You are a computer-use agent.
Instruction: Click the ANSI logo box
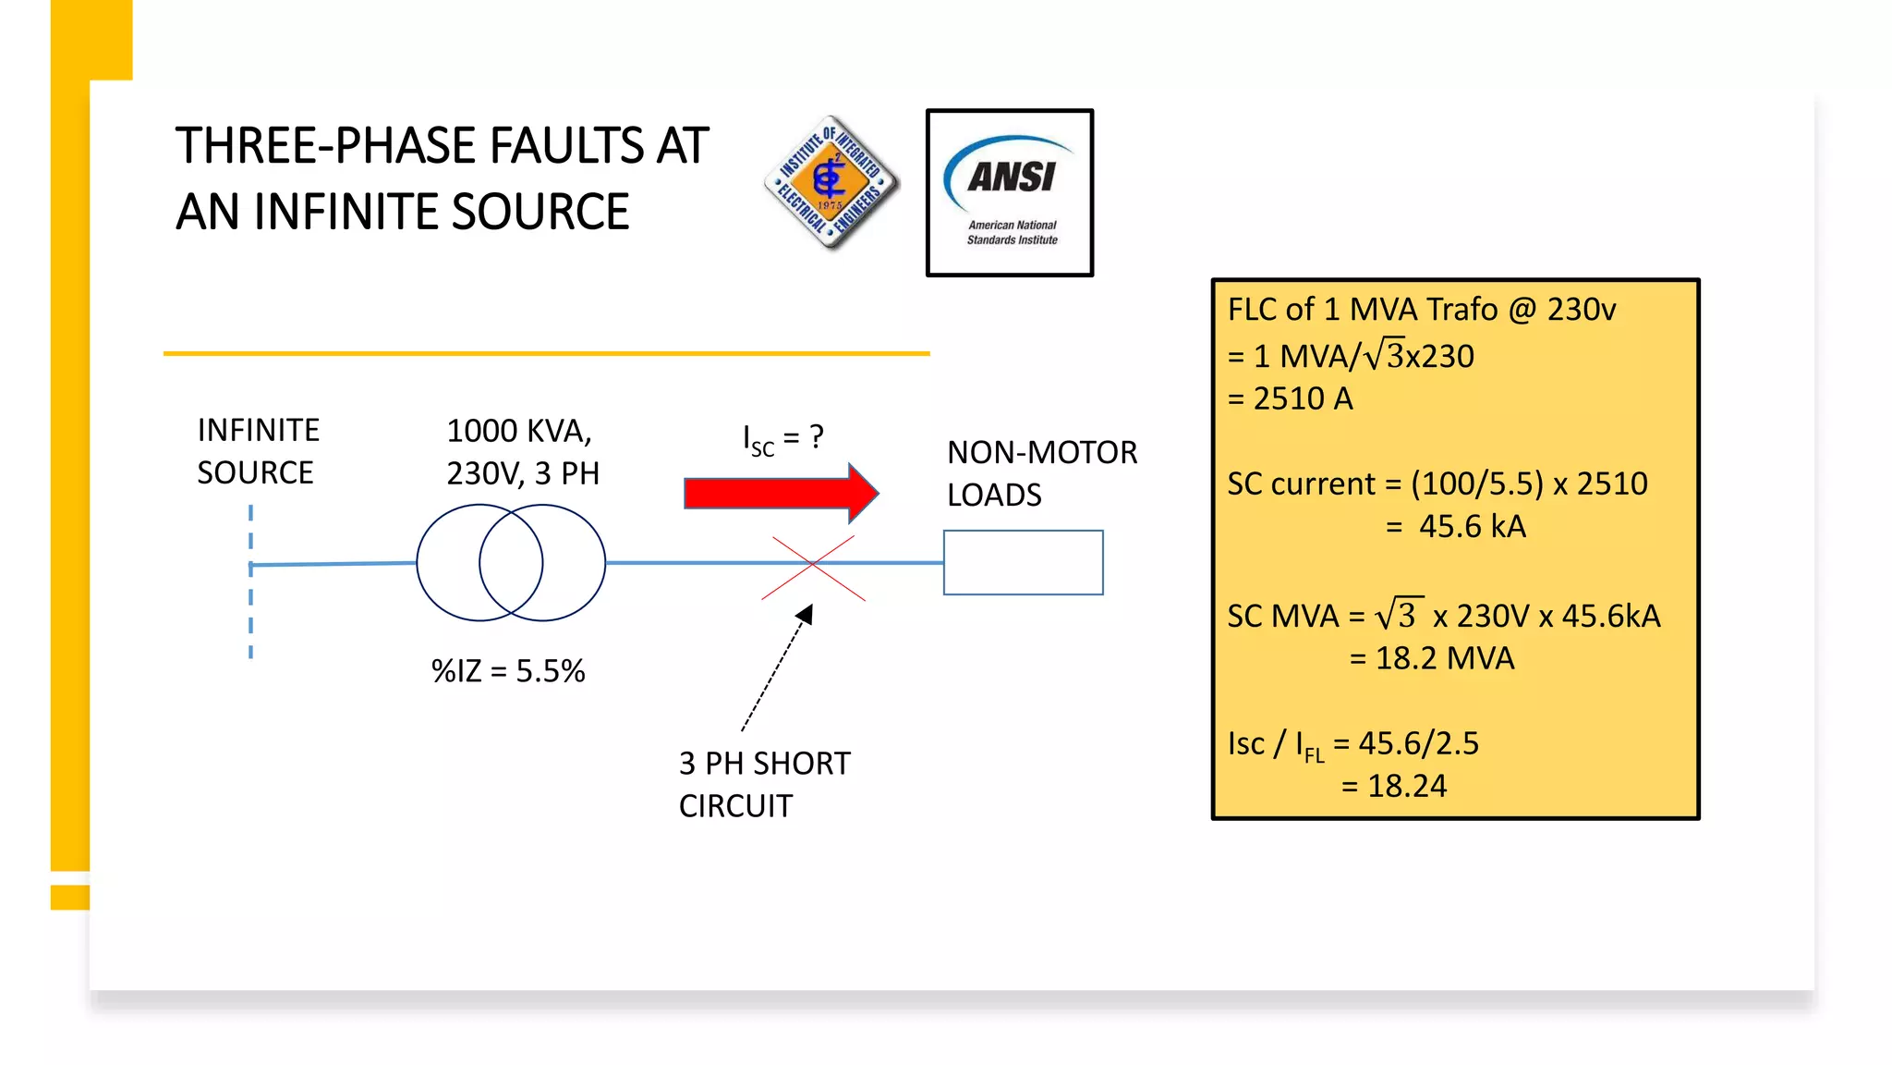point(1009,192)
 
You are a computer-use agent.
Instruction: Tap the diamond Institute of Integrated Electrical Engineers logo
point(831,183)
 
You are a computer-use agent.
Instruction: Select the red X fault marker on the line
point(813,567)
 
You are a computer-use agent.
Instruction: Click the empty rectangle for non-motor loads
point(1023,562)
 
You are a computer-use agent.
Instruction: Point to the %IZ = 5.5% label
point(508,671)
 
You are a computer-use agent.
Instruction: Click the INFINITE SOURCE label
point(258,451)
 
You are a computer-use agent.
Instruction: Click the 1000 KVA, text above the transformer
point(519,431)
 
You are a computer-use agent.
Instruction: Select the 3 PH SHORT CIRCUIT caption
point(764,784)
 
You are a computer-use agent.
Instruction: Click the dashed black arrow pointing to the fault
point(776,669)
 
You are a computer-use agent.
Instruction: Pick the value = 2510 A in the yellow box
point(1290,398)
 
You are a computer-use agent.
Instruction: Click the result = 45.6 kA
point(1456,527)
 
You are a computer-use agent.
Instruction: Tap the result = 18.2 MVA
point(1432,658)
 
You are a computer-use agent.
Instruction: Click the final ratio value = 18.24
point(1394,786)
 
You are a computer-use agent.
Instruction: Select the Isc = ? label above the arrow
point(782,438)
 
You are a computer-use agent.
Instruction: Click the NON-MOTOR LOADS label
point(1041,473)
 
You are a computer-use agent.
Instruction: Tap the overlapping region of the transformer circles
point(511,562)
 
